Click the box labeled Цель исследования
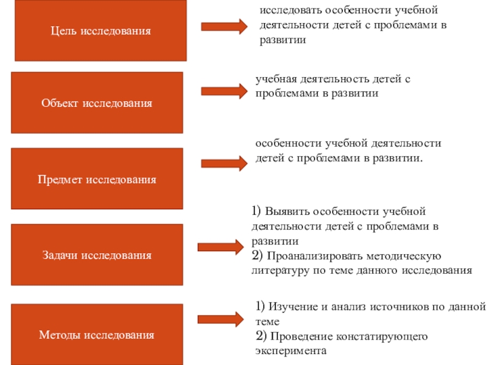pos(100,30)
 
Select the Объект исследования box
pos(97,103)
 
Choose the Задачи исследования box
pos(97,255)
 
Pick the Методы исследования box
pos(97,335)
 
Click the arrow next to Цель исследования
pos(223,26)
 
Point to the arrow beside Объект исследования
pos(223,92)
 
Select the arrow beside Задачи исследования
pos(220,246)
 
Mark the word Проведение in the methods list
pos(296,336)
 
